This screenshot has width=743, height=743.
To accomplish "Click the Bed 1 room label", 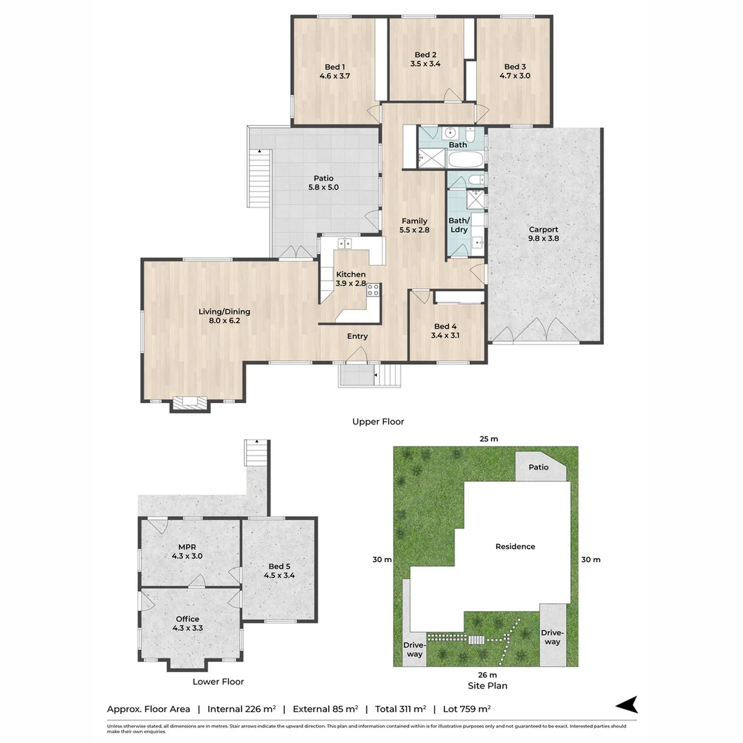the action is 335,71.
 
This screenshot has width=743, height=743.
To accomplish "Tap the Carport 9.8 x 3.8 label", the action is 543,234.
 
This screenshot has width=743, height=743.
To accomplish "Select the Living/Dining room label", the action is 224,316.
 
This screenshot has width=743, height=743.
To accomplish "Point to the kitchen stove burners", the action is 373,290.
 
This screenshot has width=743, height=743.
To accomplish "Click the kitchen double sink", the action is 345,243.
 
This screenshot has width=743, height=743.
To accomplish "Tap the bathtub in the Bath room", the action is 465,159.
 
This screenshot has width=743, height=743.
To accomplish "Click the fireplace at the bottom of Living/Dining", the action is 190,403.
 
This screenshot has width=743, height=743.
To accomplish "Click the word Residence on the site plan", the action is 515,546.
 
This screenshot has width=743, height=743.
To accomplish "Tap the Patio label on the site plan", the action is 538,466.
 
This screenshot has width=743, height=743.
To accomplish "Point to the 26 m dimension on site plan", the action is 488,675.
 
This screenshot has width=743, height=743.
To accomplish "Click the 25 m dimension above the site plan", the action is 488,439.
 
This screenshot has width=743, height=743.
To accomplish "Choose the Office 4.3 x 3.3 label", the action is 188,623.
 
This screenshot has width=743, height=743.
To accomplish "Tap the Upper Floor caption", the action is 378,421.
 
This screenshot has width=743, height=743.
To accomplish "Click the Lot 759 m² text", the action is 466,709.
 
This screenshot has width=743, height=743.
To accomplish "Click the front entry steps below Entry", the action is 388,376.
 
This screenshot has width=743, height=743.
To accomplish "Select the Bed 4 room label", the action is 445,331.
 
